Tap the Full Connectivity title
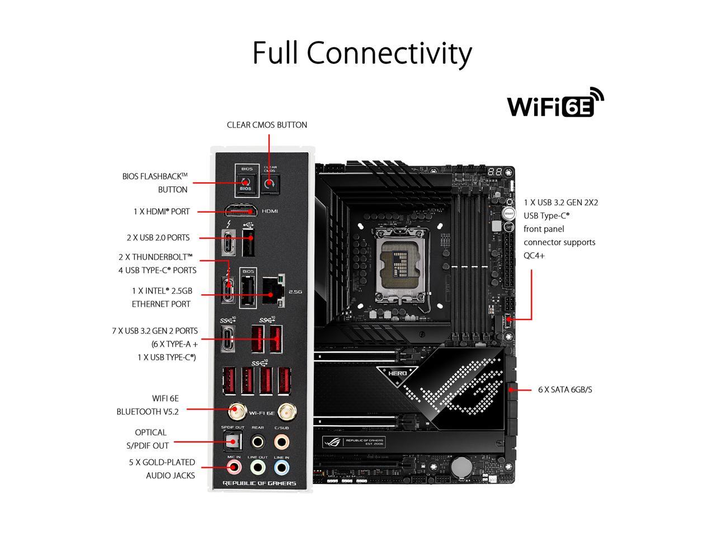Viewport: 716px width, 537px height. coord(362,53)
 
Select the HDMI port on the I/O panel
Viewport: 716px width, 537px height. coord(241,211)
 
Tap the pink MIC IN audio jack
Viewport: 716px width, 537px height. coord(234,467)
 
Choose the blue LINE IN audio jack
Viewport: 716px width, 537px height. coord(281,467)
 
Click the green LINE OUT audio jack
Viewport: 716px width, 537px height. coord(257,467)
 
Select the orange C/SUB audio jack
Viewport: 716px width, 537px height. coord(281,442)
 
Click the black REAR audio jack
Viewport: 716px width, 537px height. coord(257,442)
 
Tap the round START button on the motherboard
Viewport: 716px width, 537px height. coord(508,213)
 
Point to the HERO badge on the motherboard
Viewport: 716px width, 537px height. coord(397,371)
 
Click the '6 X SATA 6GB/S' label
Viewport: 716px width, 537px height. coord(564,389)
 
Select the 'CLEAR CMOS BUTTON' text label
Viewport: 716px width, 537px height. coord(267,125)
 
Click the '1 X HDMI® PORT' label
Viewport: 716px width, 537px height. coord(161,211)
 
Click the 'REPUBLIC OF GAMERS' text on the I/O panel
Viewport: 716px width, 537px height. coord(259,483)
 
